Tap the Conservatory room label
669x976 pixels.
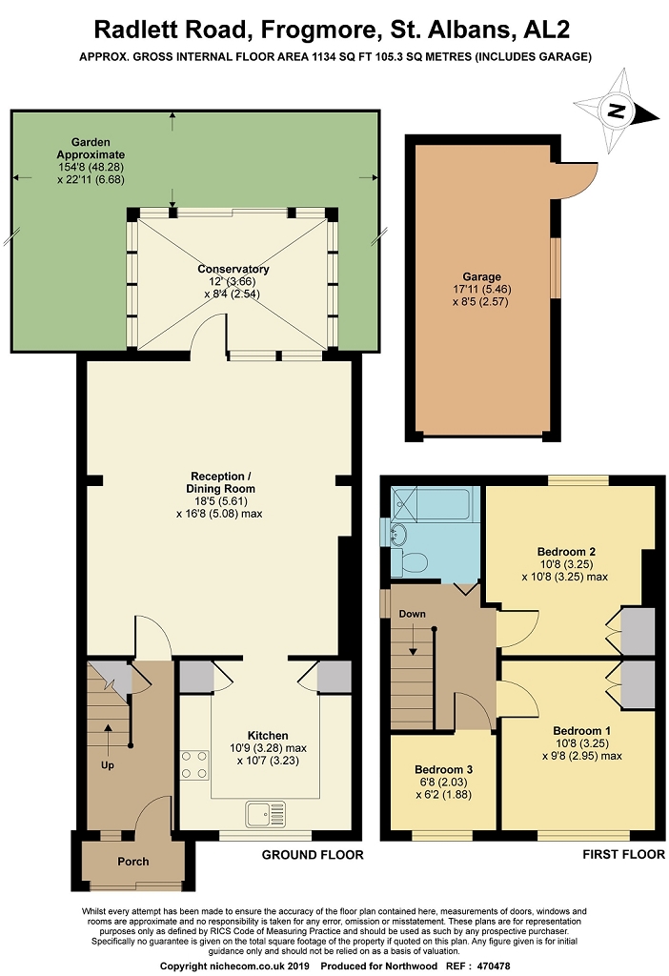point(233,269)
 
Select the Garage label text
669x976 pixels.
point(481,277)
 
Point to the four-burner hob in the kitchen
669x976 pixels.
point(194,765)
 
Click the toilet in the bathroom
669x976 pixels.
point(409,562)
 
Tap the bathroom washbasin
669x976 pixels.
point(398,534)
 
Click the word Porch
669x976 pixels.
point(133,862)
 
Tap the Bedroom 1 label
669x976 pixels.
point(582,731)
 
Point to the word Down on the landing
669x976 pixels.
point(412,614)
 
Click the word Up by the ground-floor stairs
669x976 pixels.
point(108,765)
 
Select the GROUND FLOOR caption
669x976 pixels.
point(313,855)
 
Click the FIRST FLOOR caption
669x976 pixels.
point(623,855)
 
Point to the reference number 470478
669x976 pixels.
point(493,966)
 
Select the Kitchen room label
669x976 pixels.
point(268,736)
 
